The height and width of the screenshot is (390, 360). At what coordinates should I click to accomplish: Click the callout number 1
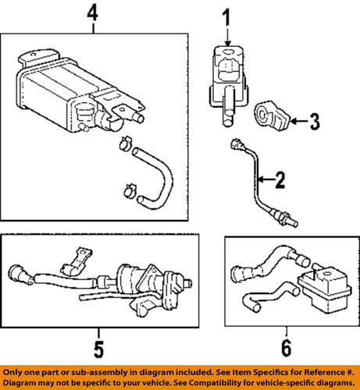(x=226, y=16)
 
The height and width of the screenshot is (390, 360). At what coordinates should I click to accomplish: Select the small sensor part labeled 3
(x=272, y=115)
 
